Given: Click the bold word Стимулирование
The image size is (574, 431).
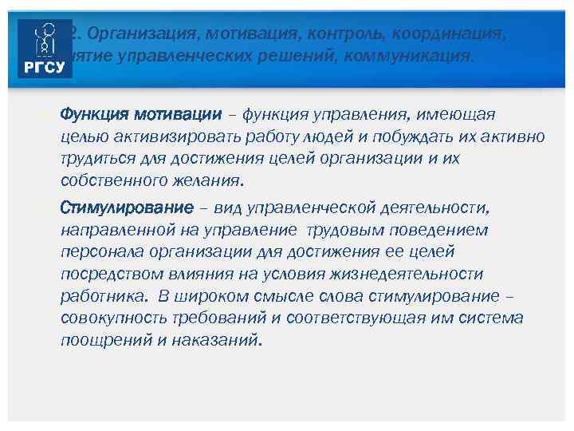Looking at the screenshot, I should tap(127, 208).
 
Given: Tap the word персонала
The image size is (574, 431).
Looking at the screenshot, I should tap(97, 252).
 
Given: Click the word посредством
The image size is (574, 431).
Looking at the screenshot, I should tap(108, 275).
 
